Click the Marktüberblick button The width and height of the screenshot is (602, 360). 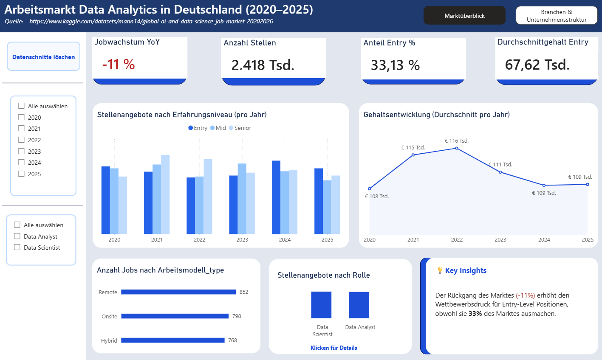click(464, 16)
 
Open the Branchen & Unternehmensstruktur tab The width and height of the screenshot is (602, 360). click(556, 16)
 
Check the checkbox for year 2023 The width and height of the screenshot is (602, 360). click(22, 151)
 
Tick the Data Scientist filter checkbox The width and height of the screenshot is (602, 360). click(17, 247)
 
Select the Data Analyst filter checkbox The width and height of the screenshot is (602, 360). click(17, 236)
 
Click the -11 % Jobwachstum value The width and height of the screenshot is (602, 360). click(119, 65)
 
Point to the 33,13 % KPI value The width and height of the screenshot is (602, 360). click(395, 65)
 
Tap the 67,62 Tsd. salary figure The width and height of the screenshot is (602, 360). click(537, 65)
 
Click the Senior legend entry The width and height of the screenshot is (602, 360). click(240, 128)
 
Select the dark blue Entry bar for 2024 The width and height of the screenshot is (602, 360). click(276, 197)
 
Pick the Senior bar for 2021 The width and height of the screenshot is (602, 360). click(165, 194)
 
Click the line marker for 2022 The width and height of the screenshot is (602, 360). click(457, 148)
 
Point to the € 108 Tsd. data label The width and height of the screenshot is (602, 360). click(377, 197)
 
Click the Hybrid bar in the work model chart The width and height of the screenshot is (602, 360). click(172, 340)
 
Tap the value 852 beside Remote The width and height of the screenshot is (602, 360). click(244, 292)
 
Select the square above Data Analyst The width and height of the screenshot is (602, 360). click(359, 305)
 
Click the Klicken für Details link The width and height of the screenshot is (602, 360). click(334, 348)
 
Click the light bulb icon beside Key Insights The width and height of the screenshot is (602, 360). click(440, 270)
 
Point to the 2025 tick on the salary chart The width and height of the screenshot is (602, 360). click(588, 240)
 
